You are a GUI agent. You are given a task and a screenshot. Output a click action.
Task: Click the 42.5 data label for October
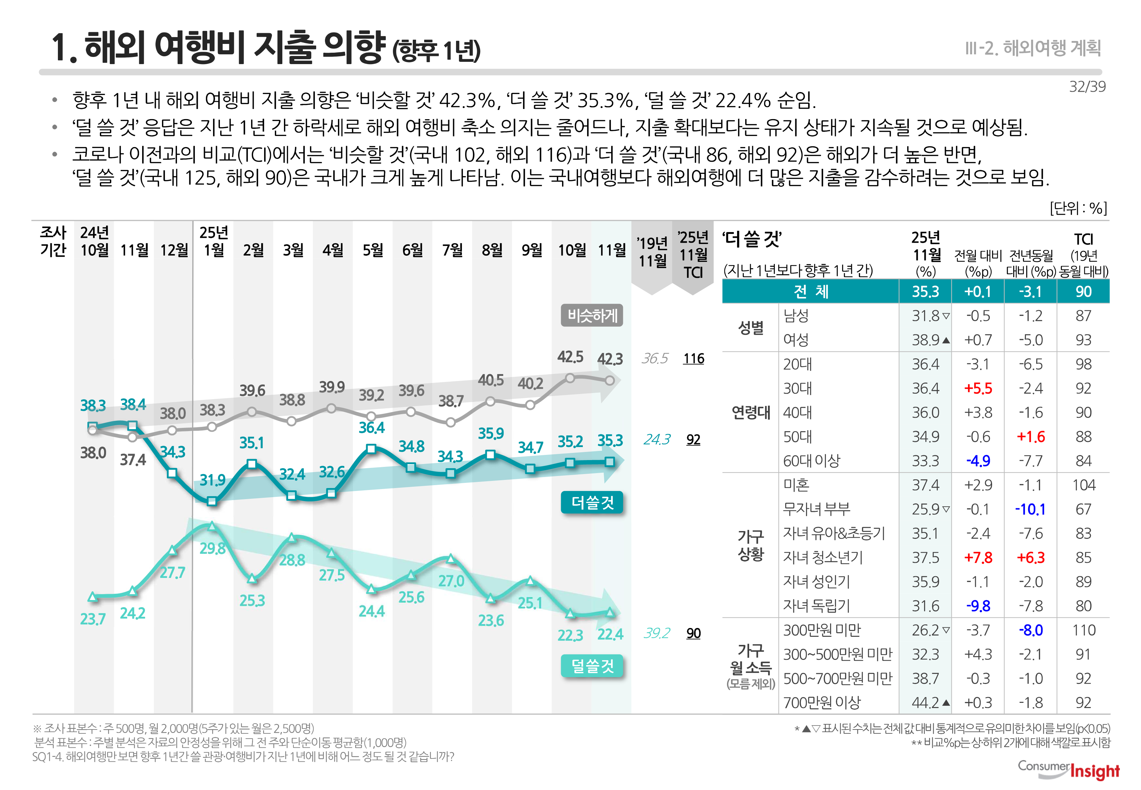(x=570, y=357)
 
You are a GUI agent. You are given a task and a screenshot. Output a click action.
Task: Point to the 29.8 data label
(x=212, y=549)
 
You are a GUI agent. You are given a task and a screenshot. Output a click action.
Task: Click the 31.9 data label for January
(x=212, y=480)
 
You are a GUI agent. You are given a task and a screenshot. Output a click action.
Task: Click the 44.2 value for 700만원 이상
(x=925, y=702)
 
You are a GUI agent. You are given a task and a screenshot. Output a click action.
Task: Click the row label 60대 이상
(x=812, y=461)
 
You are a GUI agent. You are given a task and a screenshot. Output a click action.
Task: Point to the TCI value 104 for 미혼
(x=1083, y=485)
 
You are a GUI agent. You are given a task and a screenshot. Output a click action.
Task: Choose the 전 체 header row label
(x=811, y=292)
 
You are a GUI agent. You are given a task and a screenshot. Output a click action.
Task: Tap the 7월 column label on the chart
(x=452, y=250)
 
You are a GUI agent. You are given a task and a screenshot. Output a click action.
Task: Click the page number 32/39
(x=1087, y=87)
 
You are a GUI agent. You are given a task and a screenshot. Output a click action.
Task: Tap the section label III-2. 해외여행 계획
(x=1033, y=48)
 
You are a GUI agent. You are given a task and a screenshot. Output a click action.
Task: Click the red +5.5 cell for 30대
(x=978, y=388)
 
